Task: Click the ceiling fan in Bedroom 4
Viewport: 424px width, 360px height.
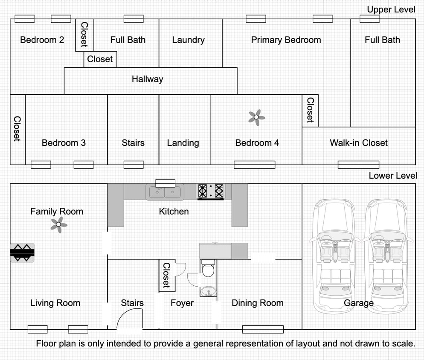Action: [257, 117]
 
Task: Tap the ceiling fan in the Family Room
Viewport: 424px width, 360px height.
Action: [59, 224]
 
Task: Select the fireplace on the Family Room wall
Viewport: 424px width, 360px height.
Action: [22, 253]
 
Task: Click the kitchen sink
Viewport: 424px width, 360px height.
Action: [165, 192]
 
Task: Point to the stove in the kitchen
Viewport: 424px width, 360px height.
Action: [211, 192]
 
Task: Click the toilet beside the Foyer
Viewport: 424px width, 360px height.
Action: [208, 268]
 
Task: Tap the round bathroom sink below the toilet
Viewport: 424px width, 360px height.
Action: [208, 291]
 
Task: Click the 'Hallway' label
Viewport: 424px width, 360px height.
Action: [147, 79]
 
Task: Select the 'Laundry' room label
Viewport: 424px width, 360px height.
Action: [189, 40]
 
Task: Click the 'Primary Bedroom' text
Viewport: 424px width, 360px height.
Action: [286, 40]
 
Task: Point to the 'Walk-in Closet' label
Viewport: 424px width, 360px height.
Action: [359, 143]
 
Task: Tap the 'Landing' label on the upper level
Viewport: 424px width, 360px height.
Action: [183, 143]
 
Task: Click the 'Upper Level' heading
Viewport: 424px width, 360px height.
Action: [391, 9]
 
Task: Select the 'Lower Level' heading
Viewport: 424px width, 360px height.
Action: [393, 176]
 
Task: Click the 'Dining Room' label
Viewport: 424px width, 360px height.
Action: [258, 303]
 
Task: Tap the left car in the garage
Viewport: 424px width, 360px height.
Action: [334, 256]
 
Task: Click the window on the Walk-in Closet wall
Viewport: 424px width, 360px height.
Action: [359, 165]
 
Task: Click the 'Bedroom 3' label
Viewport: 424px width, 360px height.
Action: [64, 143]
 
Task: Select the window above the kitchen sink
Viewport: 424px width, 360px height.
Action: [165, 183]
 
